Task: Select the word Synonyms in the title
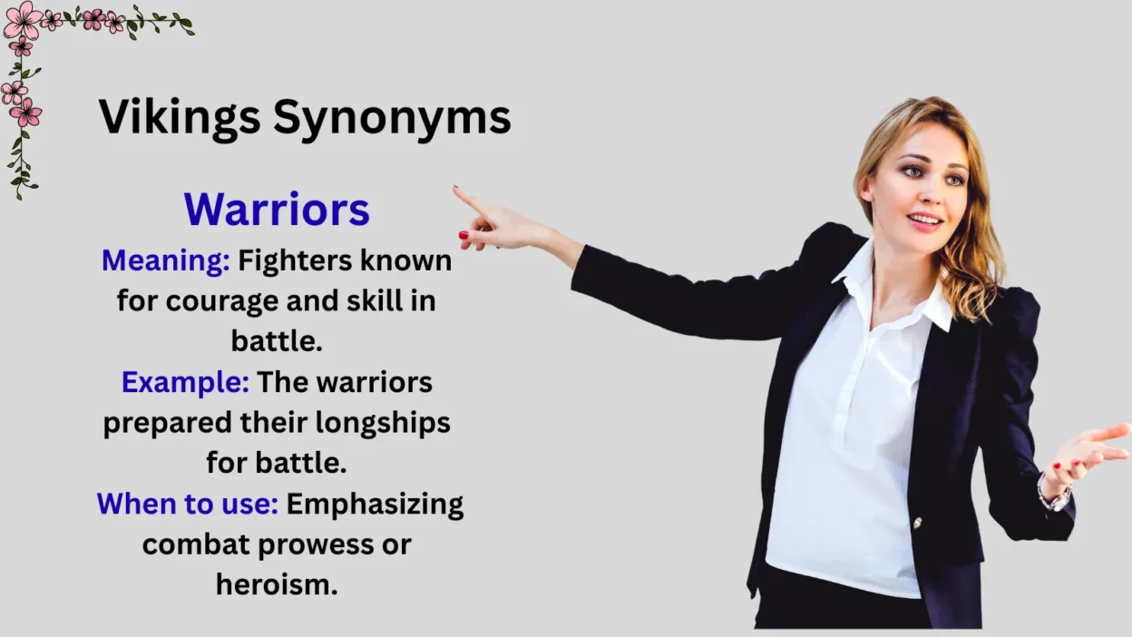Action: coord(392,119)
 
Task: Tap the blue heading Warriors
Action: coord(277,210)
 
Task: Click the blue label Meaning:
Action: coord(165,261)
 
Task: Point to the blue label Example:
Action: coord(185,382)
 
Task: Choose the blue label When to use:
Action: coord(187,504)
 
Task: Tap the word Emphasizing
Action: coord(375,505)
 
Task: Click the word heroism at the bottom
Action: coord(277,584)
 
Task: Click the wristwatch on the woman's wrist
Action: coord(1054,495)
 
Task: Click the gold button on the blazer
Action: coord(917,523)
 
